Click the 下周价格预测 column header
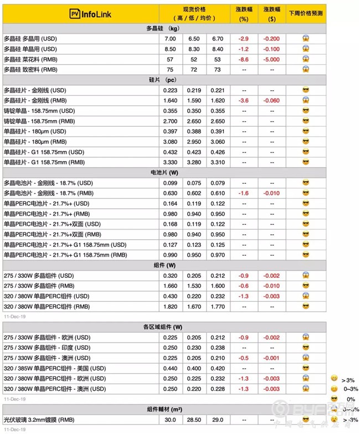tap(305, 12)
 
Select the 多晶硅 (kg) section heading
tap(163, 28)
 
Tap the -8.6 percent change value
tap(243, 59)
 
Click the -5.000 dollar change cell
tap(272, 59)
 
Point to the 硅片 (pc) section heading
tap(163, 80)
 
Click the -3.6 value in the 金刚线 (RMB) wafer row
tap(243, 100)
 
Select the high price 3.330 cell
tap(171, 162)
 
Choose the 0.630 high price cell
tap(171, 193)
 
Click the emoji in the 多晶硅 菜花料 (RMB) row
tap(305, 59)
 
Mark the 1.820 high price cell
tap(171, 306)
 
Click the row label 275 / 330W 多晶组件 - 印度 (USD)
tap(47, 348)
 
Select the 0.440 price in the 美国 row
tap(171, 368)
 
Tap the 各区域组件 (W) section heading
tap(163, 327)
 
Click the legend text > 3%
tap(348, 380)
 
